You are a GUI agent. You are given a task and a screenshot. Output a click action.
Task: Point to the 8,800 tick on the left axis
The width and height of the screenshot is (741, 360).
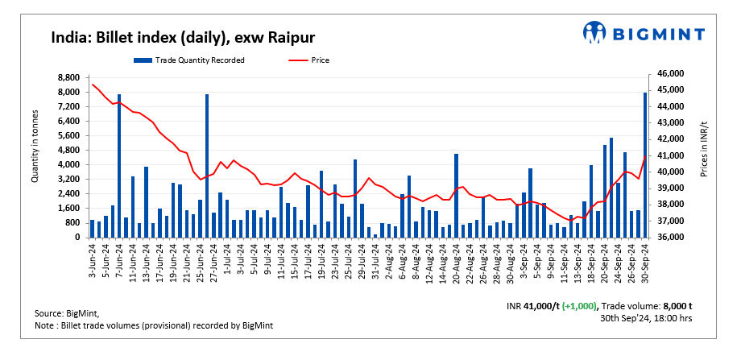(x=68, y=77)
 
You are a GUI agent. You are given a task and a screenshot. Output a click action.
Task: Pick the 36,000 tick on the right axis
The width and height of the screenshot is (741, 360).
(x=672, y=238)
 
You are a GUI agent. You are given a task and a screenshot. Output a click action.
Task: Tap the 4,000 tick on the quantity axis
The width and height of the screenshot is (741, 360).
(x=68, y=164)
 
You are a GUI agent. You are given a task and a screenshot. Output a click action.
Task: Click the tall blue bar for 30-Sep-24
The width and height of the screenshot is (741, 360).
(x=645, y=165)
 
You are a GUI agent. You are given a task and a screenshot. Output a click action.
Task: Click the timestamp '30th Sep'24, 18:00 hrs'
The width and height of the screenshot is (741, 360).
(x=646, y=319)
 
